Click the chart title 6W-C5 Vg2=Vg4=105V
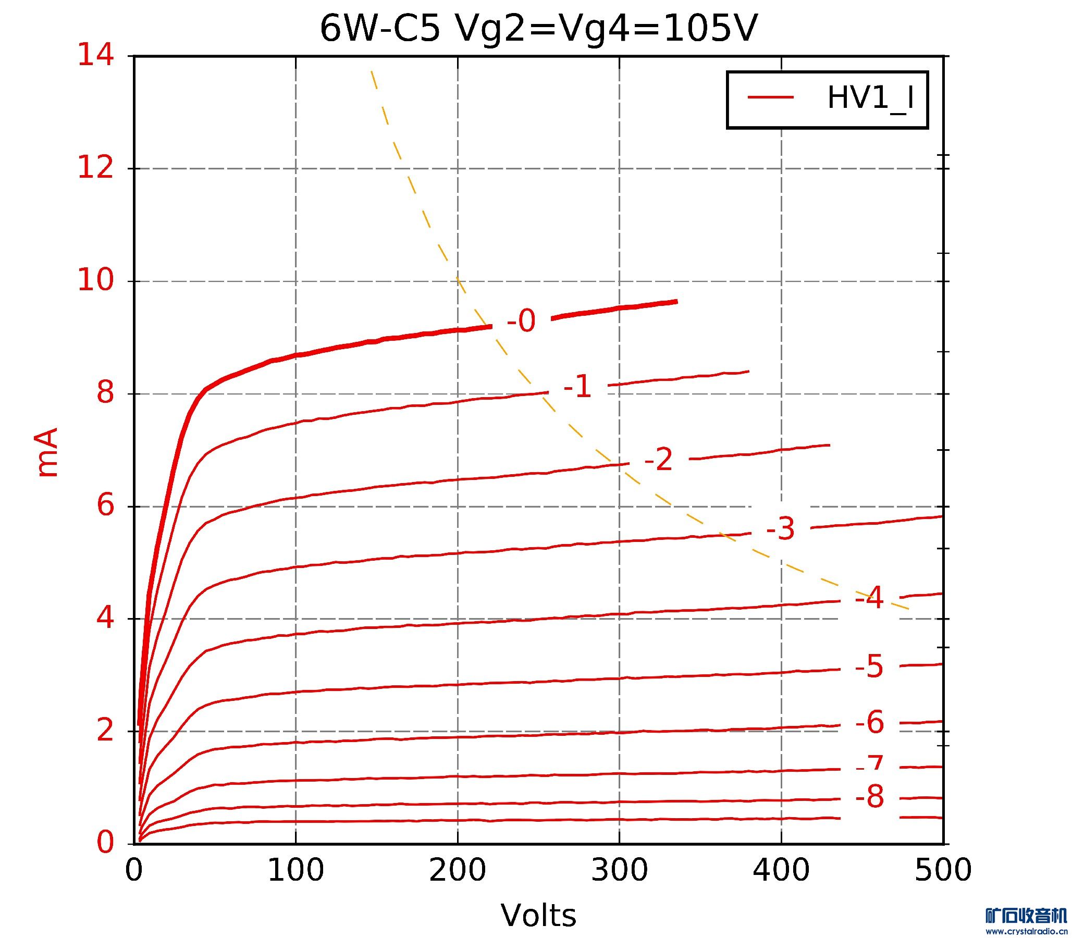(538, 29)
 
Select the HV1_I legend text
(870, 98)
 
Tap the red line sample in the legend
(770, 97)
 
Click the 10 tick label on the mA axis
(96, 281)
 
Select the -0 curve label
(521, 321)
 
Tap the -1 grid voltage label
(577, 388)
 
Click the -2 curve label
(659, 460)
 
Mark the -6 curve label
(869, 723)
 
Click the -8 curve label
(869, 798)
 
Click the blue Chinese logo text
(1026, 917)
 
